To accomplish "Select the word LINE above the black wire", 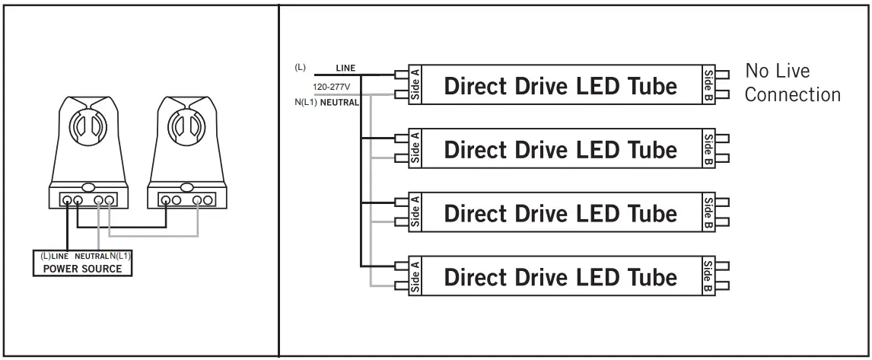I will click(345, 68).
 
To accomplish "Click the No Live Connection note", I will click(793, 84).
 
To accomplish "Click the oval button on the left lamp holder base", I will click(88, 186).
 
